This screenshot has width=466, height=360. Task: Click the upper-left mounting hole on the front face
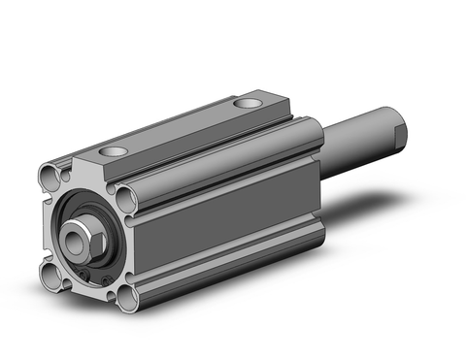[x=49, y=177]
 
